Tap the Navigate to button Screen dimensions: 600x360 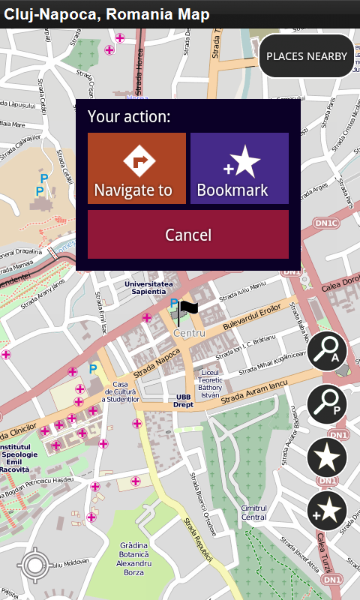click(x=136, y=168)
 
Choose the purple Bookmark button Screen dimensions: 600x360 click(x=239, y=168)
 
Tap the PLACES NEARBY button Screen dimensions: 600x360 click(x=307, y=56)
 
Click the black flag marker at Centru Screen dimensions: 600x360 click(x=187, y=307)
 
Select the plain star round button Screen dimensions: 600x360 click(x=327, y=457)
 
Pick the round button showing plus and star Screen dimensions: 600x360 click(x=327, y=511)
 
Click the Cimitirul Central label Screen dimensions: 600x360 click(x=253, y=512)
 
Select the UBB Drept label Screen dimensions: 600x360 click(x=184, y=400)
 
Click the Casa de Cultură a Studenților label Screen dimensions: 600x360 click(x=121, y=391)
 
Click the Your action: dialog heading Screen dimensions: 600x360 click(x=129, y=117)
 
